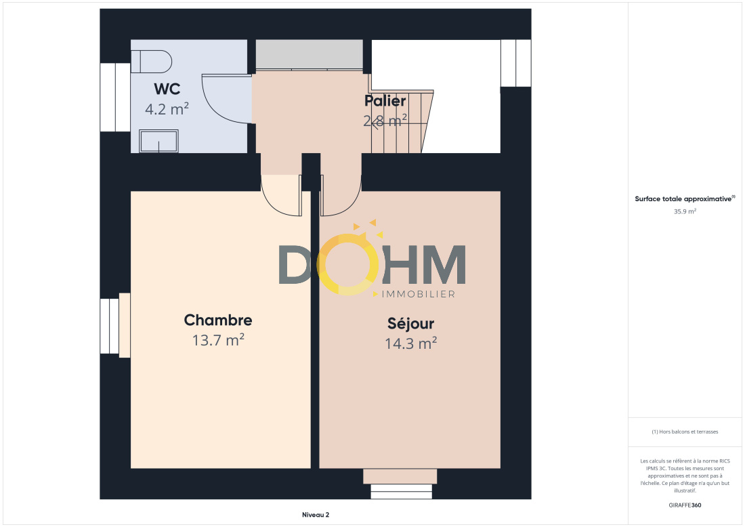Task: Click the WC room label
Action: point(167,89)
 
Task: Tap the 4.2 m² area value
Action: point(167,109)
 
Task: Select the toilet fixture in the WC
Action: point(152,62)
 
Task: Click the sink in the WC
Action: point(158,141)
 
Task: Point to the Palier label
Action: point(385,101)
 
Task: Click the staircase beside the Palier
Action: point(402,121)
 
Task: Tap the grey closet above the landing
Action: point(310,55)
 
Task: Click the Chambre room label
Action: point(218,320)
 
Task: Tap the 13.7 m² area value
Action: point(218,340)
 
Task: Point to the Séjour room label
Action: point(411,324)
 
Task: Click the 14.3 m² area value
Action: point(411,343)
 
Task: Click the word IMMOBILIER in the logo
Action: point(419,294)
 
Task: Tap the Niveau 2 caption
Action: point(316,515)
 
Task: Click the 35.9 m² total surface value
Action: point(685,211)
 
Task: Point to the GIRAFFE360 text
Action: point(685,505)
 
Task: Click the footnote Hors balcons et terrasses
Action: point(685,431)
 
